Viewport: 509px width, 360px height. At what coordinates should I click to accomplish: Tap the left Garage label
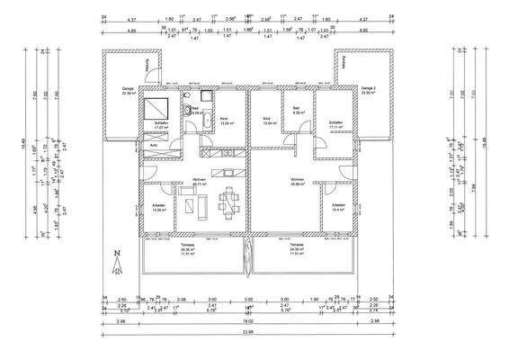116,90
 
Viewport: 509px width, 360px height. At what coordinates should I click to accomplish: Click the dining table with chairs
230,200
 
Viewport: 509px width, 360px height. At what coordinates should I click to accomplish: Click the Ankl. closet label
154,145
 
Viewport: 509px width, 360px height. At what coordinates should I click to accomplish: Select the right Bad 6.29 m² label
299,112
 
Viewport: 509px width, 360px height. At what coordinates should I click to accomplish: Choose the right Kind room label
267,120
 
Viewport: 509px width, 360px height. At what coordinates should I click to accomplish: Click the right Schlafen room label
335,125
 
